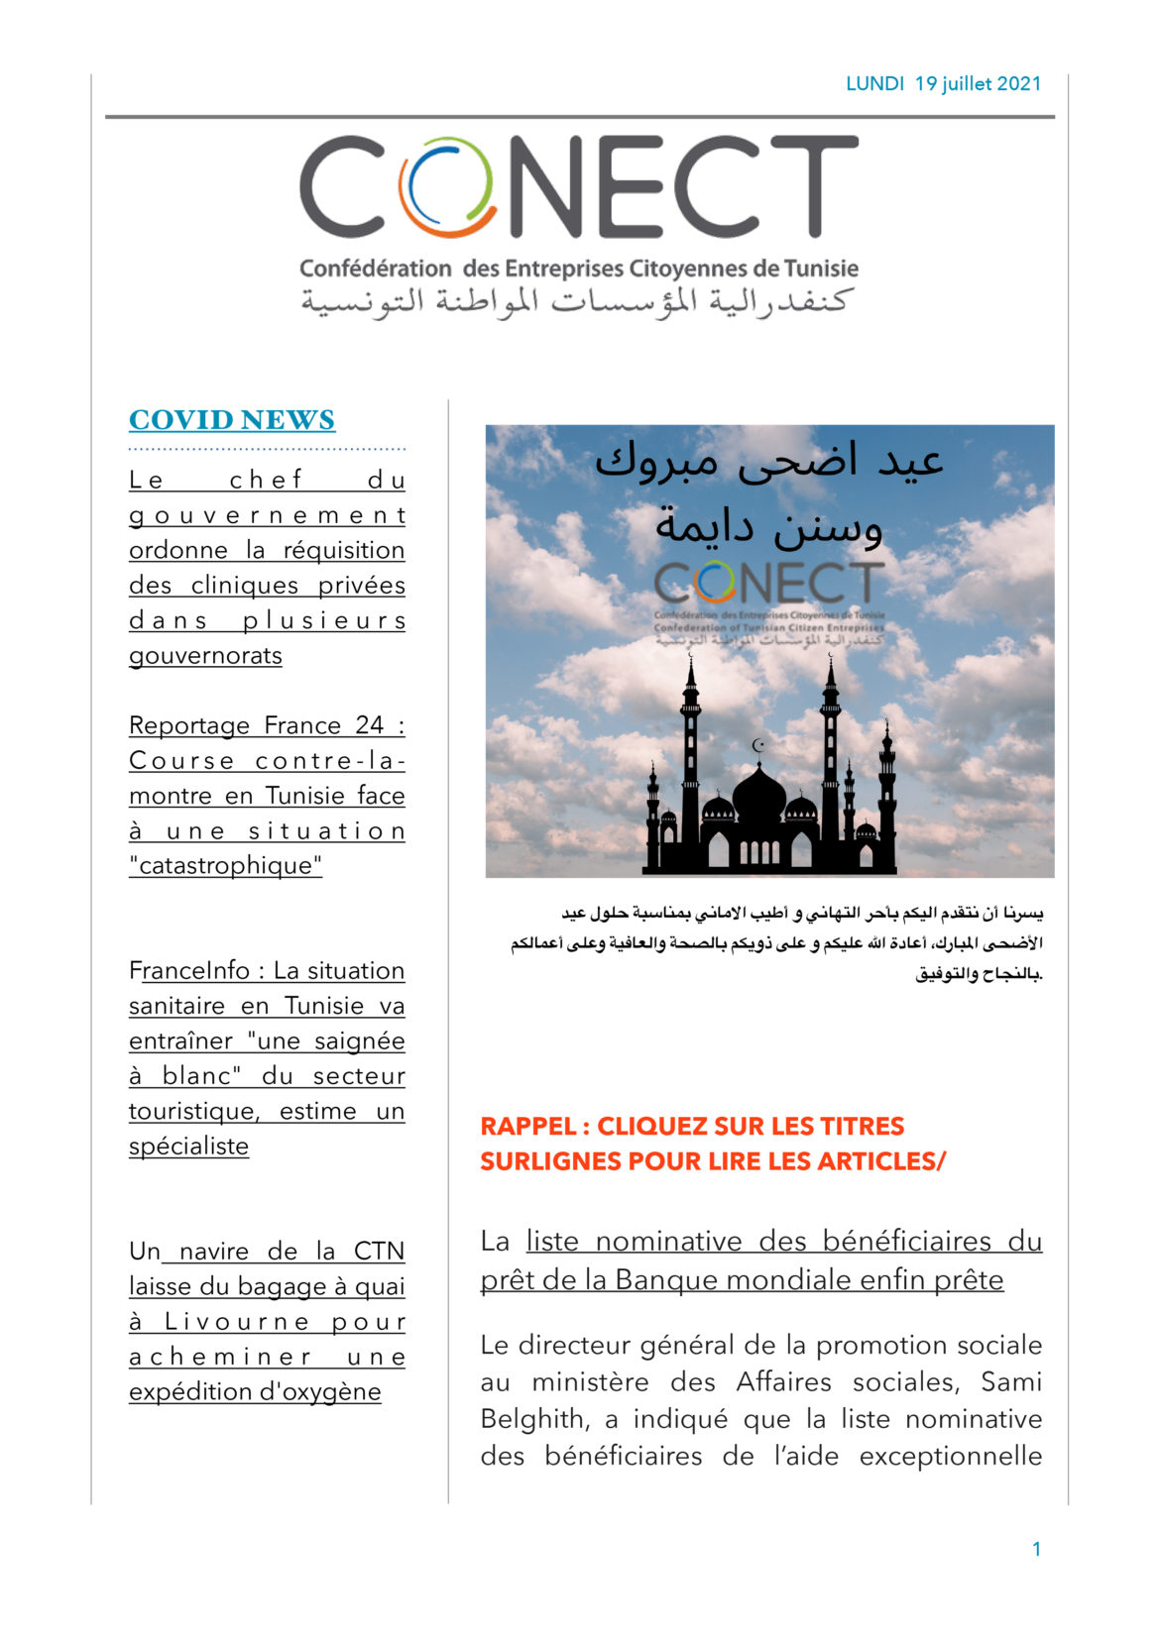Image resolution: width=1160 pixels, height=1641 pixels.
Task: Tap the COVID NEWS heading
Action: coord(232,420)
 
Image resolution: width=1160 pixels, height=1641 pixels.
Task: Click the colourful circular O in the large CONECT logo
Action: coord(447,186)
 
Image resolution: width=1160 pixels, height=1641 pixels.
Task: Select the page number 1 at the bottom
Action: coord(1036,1549)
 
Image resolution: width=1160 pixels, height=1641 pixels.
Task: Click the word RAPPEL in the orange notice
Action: coord(528,1127)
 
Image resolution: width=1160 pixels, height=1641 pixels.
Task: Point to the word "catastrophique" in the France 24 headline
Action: coord(226,866)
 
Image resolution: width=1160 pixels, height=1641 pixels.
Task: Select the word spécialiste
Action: coord(188,1147)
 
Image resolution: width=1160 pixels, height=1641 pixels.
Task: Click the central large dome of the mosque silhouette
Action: coord(759,795)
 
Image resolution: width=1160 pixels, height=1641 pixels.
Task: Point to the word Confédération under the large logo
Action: coord(375,269)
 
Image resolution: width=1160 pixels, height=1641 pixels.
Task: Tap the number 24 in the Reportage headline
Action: coord(369,726)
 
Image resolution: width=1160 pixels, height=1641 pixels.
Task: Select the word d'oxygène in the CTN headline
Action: coord(320,1392)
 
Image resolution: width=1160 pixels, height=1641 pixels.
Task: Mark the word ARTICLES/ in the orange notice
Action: coord(881,1161)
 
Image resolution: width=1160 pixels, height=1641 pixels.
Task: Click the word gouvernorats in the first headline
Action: coord(205,656)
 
